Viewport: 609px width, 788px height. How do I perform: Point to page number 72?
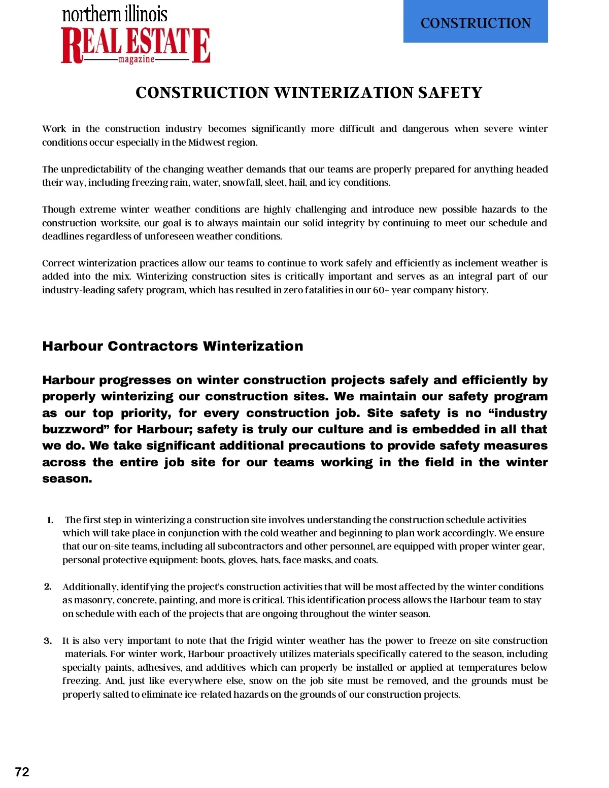pos(22,772)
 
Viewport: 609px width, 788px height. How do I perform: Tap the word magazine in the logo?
pos(136,59)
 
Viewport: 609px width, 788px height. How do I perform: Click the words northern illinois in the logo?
pos(115,14)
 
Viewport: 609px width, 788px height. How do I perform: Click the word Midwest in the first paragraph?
pos(207,143)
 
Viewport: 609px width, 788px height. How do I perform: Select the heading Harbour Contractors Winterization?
pos(173,346)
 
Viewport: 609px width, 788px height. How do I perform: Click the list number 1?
pos(50,520)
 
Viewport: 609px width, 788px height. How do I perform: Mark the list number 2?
pos(48,587)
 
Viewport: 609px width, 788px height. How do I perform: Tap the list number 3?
pos(48,641)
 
